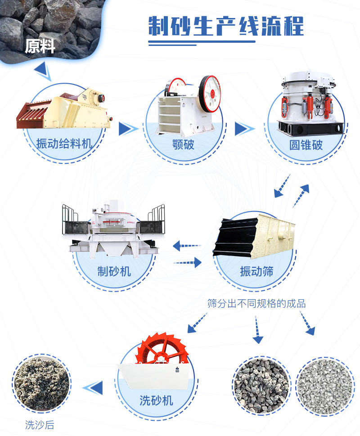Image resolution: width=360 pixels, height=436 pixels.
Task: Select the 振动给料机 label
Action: pos(64,144)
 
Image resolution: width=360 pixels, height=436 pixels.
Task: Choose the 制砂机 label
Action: pos(114,271)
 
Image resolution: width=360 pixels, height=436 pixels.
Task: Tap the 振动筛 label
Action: pos(256,271)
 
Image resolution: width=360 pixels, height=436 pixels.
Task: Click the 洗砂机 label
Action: pos(156,400)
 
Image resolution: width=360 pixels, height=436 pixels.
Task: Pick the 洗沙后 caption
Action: pos(40,425)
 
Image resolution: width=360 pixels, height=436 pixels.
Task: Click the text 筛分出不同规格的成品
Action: pos(256,303)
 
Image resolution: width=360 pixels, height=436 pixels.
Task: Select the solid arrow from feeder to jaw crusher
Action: pos(128,129)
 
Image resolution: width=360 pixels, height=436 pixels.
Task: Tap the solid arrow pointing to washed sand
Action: pos(93,386)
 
